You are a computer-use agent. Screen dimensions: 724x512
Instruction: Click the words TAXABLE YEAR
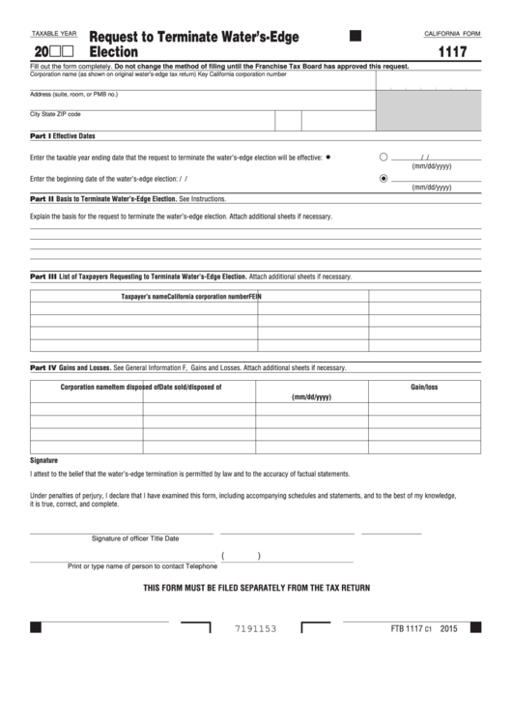[51, 33]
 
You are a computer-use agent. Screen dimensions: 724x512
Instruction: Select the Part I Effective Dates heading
[63, 136]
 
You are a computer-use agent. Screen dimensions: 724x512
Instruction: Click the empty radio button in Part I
[384, 157]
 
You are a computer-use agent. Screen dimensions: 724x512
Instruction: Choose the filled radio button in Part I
[384, 179]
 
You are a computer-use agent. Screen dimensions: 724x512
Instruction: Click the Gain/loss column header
[424, 387]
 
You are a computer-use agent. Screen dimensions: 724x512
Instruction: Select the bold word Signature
[44, 460]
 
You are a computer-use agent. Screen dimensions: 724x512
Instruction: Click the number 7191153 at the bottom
[256, 628]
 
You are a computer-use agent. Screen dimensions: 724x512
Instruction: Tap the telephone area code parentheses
[241, 556]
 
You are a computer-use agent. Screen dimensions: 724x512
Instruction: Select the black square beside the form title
[355, 37]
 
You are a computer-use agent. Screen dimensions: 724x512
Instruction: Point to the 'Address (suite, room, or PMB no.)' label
[73, 94]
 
